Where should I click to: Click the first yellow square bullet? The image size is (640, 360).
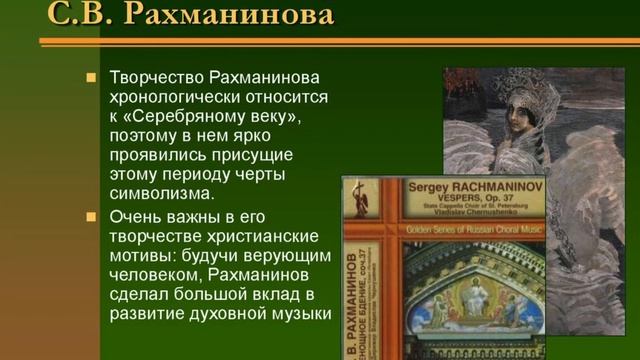click(90, 77)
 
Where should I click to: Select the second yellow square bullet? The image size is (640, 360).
click(90, 215)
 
